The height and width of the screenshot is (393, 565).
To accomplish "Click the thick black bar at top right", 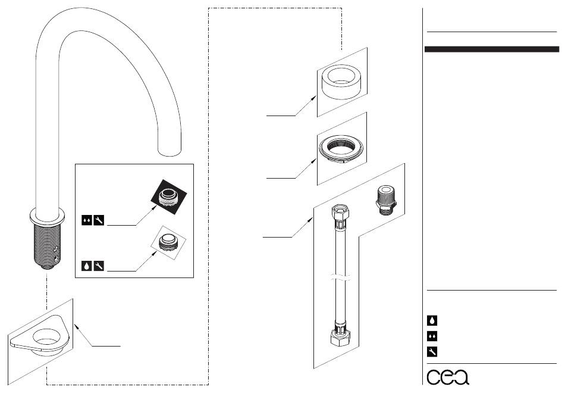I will (491, 49).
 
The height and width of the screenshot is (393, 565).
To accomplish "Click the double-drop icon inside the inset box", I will (86, 222).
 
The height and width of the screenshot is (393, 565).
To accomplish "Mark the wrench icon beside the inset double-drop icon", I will (99, 222).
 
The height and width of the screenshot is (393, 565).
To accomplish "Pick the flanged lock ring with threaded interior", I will (340, 149).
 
